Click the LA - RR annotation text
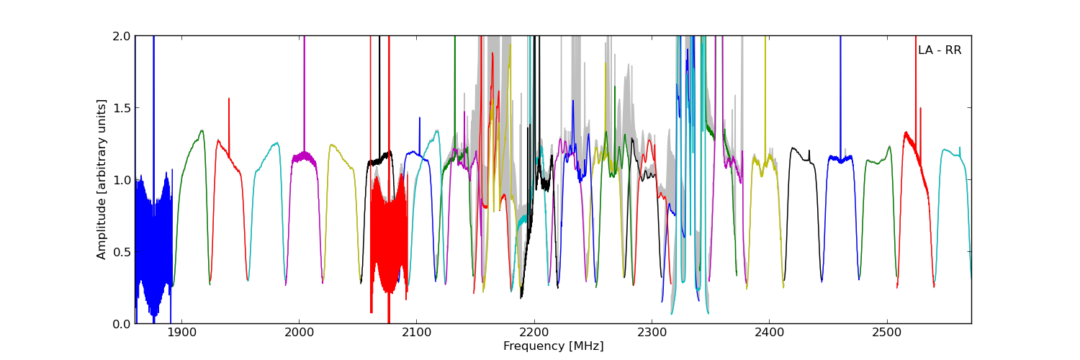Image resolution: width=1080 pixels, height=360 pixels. tap(940, 50)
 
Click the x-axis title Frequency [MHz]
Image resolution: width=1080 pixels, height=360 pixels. tap(553, 346)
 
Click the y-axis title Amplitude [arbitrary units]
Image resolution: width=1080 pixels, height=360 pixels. tap(102, 179)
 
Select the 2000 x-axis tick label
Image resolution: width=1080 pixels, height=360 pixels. tap(299, 333)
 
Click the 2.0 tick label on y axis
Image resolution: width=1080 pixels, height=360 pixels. tap(122, 36)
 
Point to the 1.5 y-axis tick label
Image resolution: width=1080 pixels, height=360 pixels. tap(122, 108)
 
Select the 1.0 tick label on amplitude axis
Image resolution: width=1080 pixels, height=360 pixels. tap(122, 180)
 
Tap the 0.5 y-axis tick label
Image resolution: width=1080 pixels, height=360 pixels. tap(122, 252)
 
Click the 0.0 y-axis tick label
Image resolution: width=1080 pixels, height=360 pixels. tap(122, 324)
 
